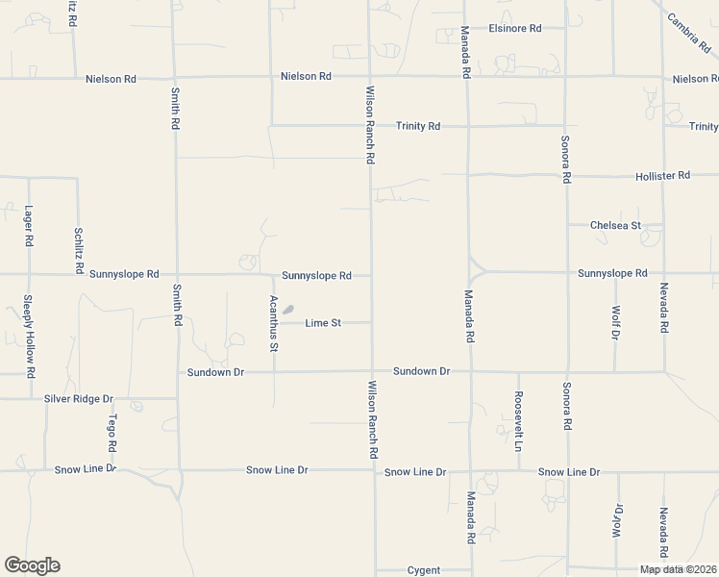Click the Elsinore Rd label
tap(514, 28)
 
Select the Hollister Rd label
tap(662, 176)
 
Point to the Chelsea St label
tap(615, 225)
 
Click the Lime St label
tap(323, 323)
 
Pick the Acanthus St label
tap(274, 322)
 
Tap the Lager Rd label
tap(29, 226)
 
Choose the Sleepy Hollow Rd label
tap(30, 335)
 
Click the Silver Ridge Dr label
tap(79, 398)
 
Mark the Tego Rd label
tap(112, 435)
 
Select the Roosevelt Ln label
tap(518, 421)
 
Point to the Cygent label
tap(423, 570)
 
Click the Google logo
tap(32, 565)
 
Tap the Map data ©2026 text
tap(678, 569)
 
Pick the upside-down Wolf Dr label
tap(617, 522)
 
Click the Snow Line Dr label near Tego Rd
tap(85, 469)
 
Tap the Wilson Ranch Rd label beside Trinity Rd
tap(369, 125)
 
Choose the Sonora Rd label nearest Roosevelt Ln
tap(567, 410)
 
